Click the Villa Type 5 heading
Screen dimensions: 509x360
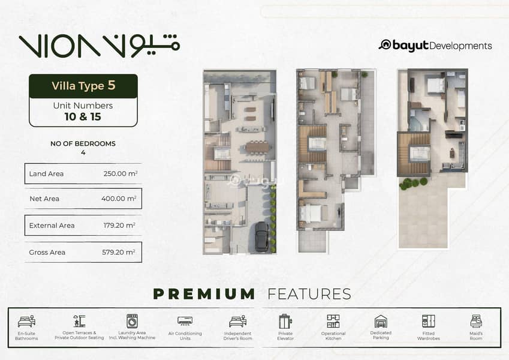coord(83,85)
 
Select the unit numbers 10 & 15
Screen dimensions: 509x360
coord(83,116)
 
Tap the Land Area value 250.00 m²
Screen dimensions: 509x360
coord(121,173)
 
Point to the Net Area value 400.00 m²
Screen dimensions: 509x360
coord(119,198)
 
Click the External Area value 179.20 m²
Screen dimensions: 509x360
coord(119,225)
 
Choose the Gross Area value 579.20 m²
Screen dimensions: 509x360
coord(119,252)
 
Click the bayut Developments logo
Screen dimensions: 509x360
coord(435,46)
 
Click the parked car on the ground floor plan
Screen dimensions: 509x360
coord(261,236)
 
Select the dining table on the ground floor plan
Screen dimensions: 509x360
coord(257,147)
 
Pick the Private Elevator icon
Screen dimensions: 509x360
coord(285,322)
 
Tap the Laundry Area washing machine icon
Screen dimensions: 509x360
coord(132,321)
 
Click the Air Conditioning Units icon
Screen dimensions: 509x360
coord(185,321)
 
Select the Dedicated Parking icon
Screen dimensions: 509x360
coord(381,322)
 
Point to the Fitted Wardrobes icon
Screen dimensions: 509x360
coord(429,321)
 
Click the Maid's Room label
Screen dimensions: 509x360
coord(476,336)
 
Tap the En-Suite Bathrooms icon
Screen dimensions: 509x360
coord(26,322)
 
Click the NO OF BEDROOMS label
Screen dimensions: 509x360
coord(83,143)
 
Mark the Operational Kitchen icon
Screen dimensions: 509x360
coord(333,321)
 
